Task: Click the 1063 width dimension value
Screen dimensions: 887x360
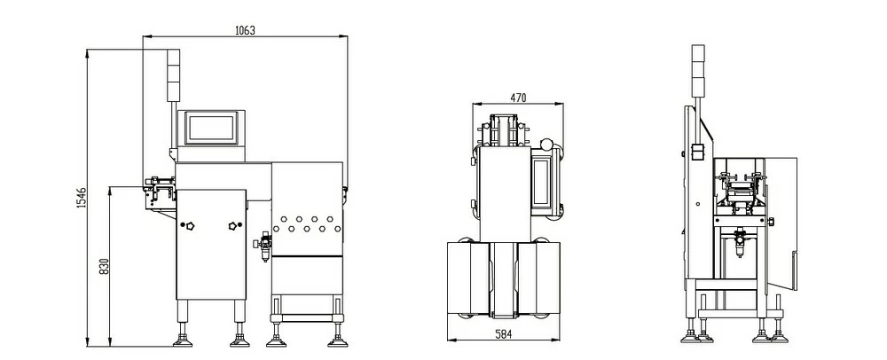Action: (245, 30)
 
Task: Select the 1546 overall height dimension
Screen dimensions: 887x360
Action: (81, 198)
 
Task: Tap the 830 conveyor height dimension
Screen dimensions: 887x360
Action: (104, 267)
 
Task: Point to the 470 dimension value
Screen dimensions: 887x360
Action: (518, 98)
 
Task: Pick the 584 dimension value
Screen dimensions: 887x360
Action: (503, 334)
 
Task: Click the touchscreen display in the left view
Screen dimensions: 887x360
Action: (211, 128)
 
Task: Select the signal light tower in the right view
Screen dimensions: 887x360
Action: (698, 70)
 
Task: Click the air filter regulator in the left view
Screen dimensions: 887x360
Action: (263, 246)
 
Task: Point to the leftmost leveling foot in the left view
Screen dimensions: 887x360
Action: (183, 340)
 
